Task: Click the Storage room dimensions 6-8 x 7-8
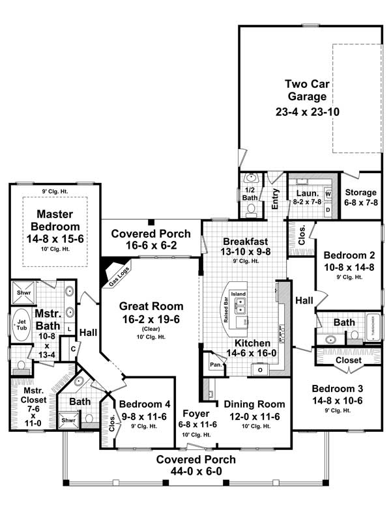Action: pyautogui.click(x=361, y=203)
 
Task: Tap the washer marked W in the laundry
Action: pyautogui.click(x=328, y=194)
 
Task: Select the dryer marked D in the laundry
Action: pyautogui.click(x=328, y=209)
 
